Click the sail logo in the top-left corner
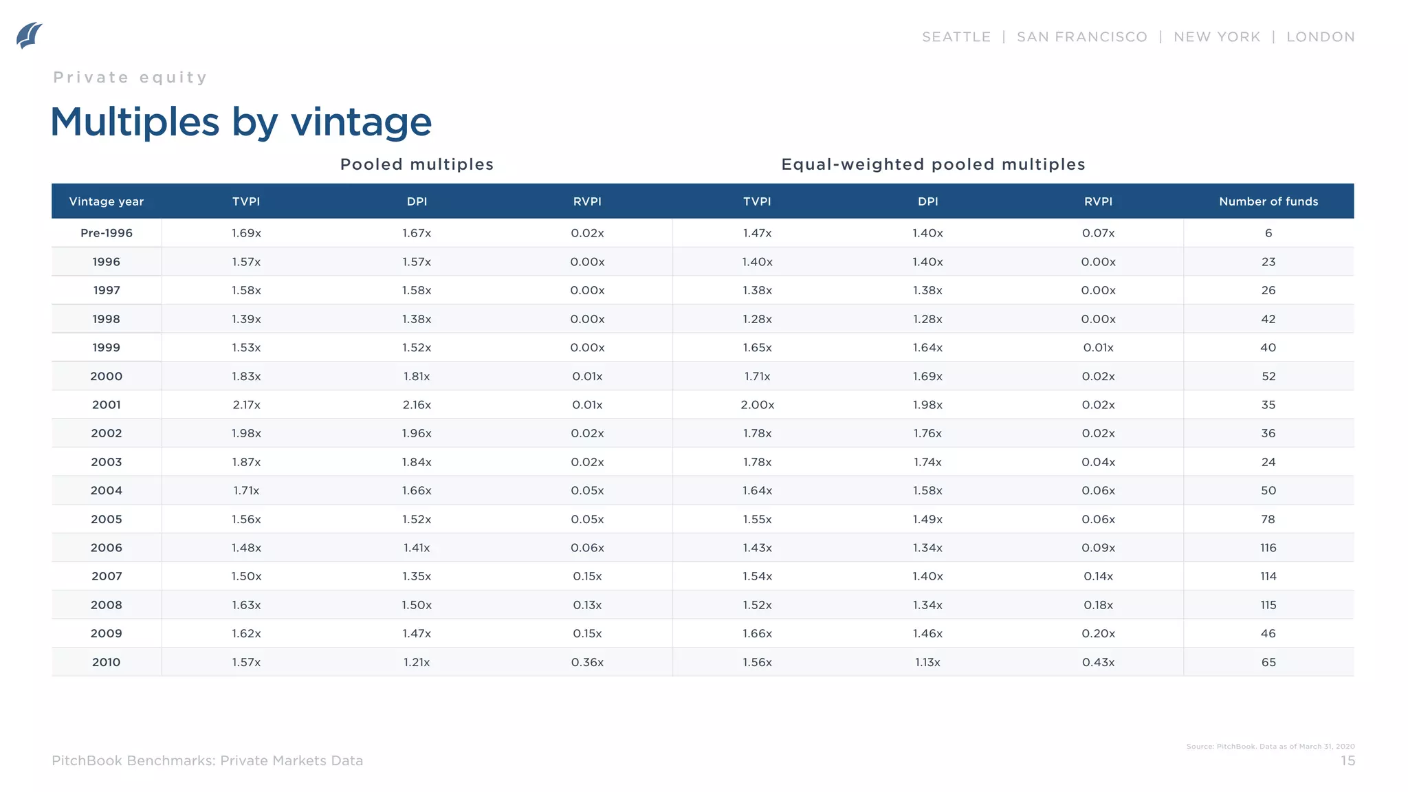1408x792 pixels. point(30,35)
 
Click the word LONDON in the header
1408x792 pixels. point(1320,37)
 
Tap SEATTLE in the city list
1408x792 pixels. point(956,37)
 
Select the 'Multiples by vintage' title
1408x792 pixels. point(241,122)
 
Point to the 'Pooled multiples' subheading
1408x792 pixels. point(417,164)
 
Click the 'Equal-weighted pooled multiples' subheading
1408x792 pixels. point(933,164)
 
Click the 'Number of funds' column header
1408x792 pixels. point(1268,201)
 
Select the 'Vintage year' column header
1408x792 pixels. point(107,201)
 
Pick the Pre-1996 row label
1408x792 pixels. point(107,233)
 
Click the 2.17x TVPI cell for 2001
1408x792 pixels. point(246,405)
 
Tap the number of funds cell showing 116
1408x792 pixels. point(1268,548)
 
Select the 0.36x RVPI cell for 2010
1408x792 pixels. point(587,662)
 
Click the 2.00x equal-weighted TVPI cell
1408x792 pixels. point(757,405)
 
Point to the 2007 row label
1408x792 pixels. point(107,576)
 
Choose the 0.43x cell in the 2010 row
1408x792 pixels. point(1098,662)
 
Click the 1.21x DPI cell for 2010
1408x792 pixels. point(417,662)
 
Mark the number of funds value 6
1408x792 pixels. point(1268,233)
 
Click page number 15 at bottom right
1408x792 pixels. point(1347,760)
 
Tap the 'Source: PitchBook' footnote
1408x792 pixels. point(1270,746)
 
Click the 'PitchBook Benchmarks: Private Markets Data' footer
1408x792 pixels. point(207,760)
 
